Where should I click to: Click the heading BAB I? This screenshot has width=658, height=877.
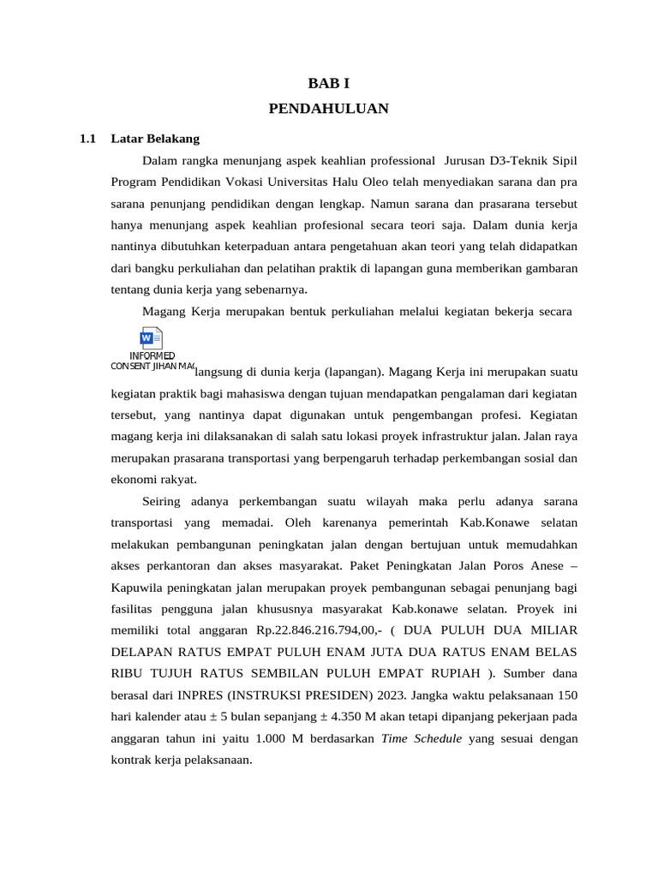tap(328, 83)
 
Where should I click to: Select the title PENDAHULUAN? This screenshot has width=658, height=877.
tap(328, 108)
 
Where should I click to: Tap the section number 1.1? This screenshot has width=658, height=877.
tap(87, 138)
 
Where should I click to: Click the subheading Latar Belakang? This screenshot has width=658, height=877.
tap(155, 138)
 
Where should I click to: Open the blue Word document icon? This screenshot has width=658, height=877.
tap(152, 338)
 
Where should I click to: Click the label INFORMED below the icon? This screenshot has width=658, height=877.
tap(153, 356)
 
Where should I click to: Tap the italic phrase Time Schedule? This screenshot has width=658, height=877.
tap(422, 738)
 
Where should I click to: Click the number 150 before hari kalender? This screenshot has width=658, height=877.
tap(566, 694)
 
